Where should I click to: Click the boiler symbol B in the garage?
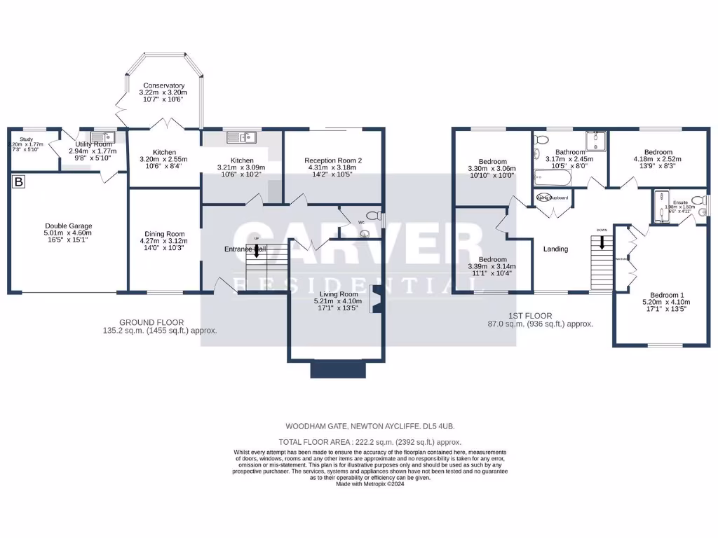pos(18,183)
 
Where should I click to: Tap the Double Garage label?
pos(68,226)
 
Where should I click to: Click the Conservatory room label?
pos(162,85)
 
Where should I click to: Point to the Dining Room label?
pos(164,234)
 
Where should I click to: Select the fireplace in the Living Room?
pos(377,301)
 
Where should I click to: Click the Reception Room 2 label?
pos(333,160)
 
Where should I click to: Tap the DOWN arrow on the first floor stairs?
pos(601,242)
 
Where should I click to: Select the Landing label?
pos(555,249)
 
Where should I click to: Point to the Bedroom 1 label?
pos(663,295)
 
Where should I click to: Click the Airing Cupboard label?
pos(553,198)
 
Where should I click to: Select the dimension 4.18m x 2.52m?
pos(658,160)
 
